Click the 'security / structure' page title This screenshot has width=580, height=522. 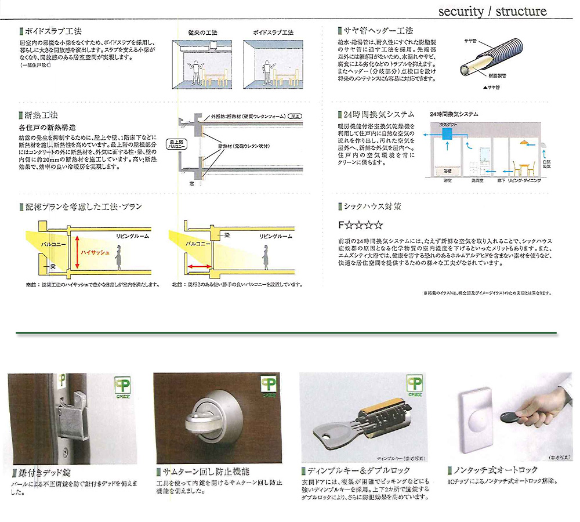click(492, 11)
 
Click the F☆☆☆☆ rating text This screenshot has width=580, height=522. click(360, 224)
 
